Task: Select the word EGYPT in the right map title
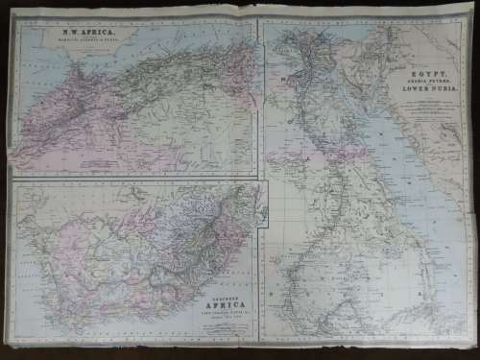(x=423, y=71)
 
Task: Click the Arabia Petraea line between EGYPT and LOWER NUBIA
(x=423, y=79)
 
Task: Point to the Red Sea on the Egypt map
(x=384, y=154)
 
